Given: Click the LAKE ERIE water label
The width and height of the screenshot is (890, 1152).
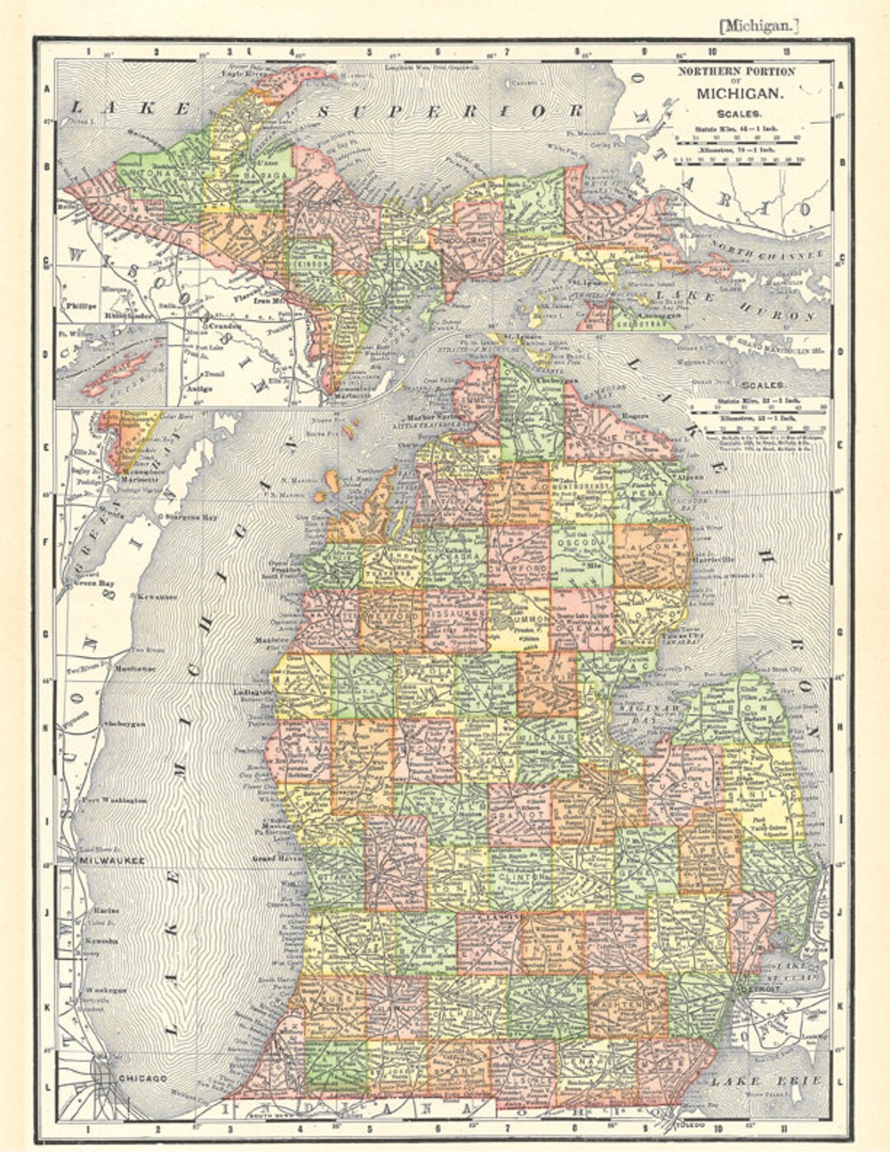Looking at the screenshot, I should (767, 1079).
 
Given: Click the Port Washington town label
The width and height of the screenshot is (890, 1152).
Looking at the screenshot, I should (114, 800).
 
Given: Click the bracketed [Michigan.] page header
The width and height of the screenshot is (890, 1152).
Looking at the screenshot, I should (759, 26).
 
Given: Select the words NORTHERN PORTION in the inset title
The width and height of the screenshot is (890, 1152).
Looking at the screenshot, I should (736, 72).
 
